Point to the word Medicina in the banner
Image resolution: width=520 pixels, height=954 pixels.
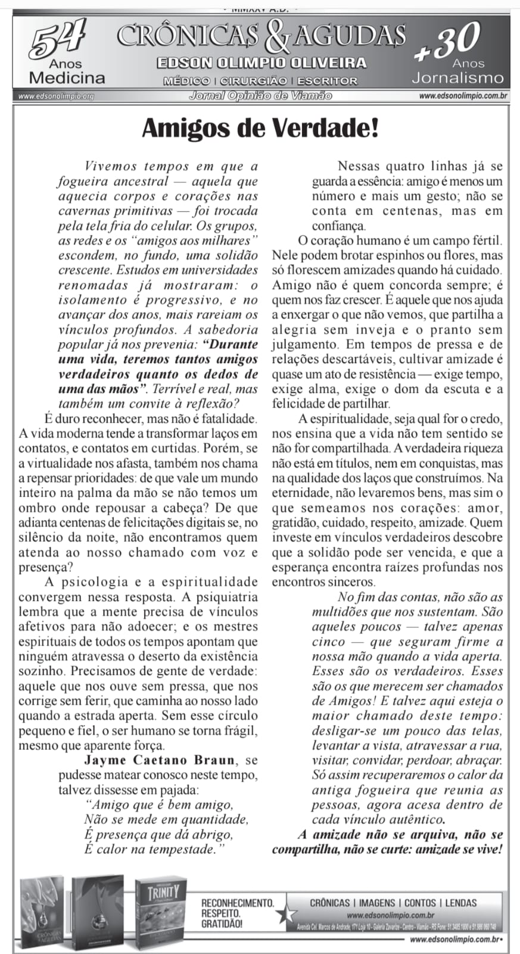67,78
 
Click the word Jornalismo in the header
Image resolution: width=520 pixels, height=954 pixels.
457,78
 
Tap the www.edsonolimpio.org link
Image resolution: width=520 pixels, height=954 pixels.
57,96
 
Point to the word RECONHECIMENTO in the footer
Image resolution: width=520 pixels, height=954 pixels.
238,903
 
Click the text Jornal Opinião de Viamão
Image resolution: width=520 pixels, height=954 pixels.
260,95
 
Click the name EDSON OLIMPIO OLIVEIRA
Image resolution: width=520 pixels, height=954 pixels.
261,63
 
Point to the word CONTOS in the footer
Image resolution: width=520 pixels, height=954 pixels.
421,903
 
